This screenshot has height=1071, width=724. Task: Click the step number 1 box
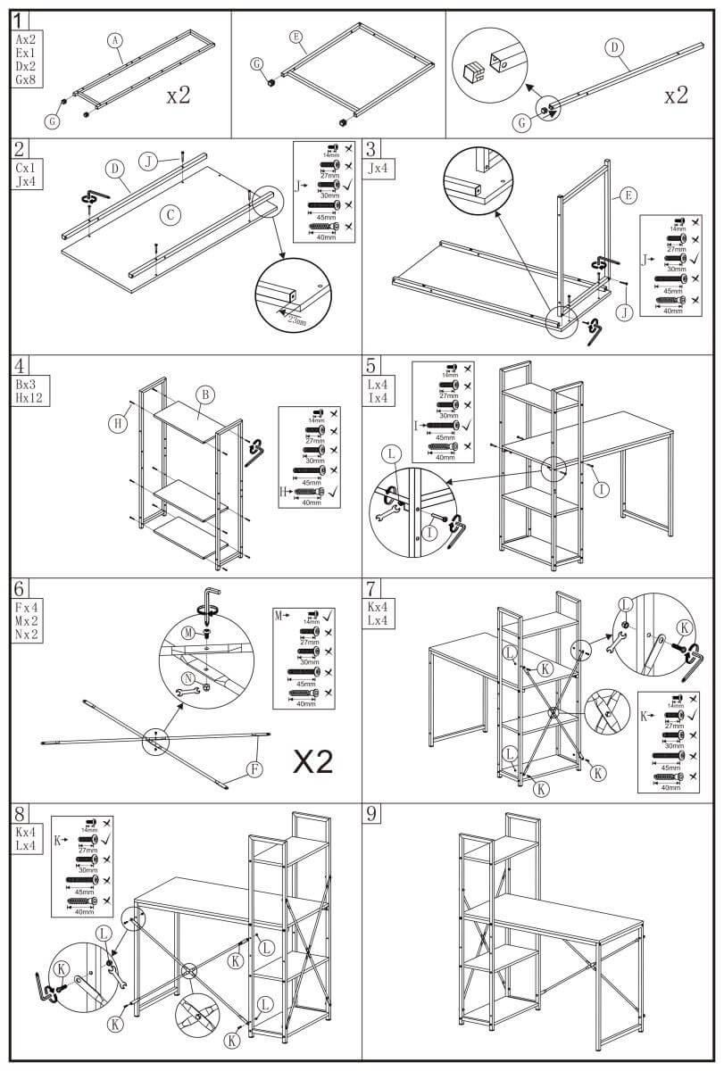(21, 19)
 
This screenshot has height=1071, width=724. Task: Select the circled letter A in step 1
(113, 39)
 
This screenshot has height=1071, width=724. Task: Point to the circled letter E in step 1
(296, 37)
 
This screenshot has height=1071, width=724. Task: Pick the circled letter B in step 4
(204, 394)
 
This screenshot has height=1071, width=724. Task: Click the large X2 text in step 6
(313, 761)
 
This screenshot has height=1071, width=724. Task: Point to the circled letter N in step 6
(188, 678)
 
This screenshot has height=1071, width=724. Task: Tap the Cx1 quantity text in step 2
(27, 167)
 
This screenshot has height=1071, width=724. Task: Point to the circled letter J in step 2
(150, 161)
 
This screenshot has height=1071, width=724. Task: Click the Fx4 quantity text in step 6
(27, 604)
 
